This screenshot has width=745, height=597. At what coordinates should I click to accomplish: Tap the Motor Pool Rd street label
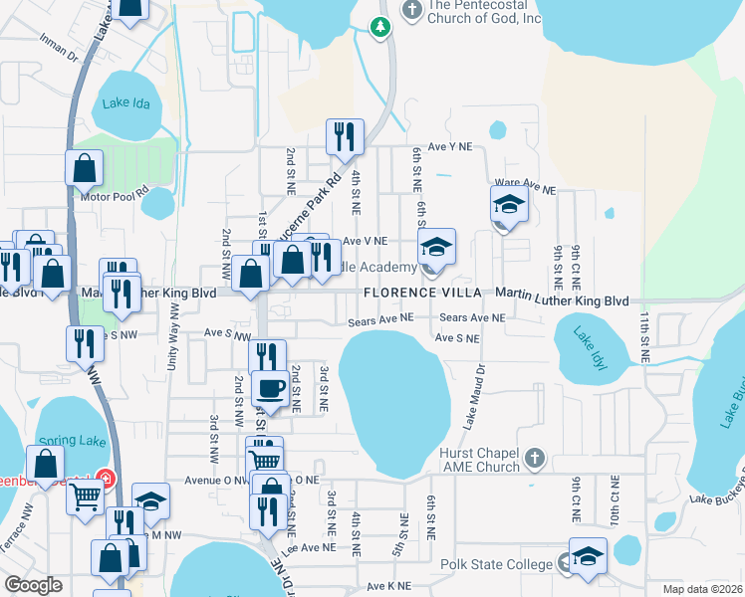(115, 195)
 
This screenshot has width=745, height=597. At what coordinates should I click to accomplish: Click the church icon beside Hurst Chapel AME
(535, 458)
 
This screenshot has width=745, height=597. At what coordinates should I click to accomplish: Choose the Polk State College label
(496, 564)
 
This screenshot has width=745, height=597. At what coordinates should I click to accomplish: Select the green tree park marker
(379, 27)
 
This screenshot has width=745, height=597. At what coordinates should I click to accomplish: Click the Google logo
(34, 584)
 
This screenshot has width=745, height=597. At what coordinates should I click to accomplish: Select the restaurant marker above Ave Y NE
(345, 137)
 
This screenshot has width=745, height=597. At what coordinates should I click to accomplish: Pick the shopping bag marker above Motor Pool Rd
(85, 167)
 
